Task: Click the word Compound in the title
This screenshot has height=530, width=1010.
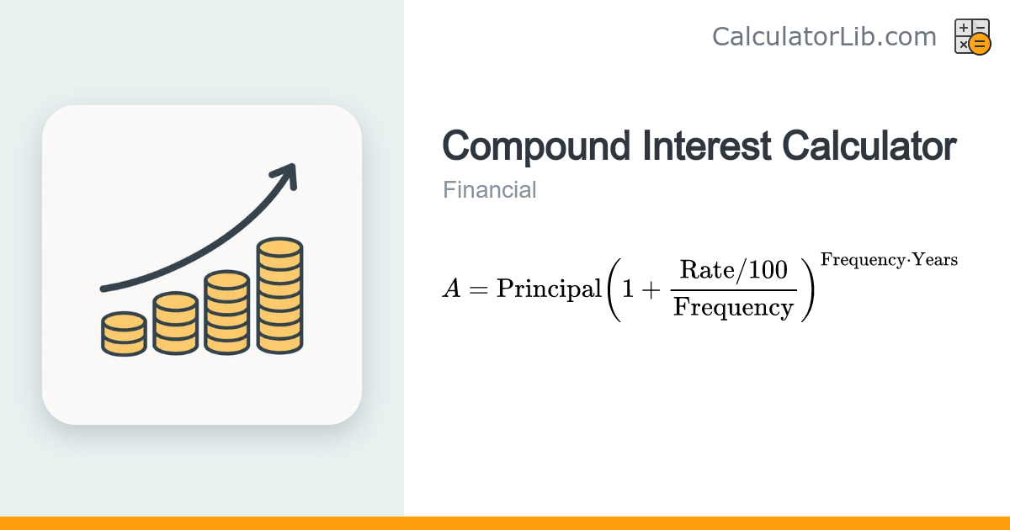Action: pos(536,146)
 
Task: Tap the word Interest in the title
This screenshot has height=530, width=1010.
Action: pos(706,146)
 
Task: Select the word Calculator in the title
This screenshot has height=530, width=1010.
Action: pos(869,146)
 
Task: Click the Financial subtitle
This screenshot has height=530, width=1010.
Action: pos(490,190)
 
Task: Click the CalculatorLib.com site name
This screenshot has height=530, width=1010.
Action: pos(824,36)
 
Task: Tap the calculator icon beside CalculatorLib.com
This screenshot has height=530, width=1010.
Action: pos(973,36)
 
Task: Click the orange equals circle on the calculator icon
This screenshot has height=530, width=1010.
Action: pos(980,44)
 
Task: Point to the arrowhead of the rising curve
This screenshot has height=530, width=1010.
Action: pos(287,175)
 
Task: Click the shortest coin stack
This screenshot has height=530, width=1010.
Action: pos(124,333)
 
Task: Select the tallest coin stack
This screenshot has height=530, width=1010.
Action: pos(280,295)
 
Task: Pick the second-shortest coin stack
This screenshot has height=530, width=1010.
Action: pos(175,323)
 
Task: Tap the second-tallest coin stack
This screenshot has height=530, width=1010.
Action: pos(226,312)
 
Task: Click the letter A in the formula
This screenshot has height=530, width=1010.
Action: pos(452,289)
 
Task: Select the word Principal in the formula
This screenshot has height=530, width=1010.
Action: pos(549,289)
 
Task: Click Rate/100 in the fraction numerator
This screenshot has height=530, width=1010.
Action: pos(734,270)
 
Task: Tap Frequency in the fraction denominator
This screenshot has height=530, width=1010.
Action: pos(734,308)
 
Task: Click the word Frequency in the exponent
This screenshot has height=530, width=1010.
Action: pos(863,261)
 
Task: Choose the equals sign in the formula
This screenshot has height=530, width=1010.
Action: pos(478,289)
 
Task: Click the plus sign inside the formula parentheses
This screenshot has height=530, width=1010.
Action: pos(651,289)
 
